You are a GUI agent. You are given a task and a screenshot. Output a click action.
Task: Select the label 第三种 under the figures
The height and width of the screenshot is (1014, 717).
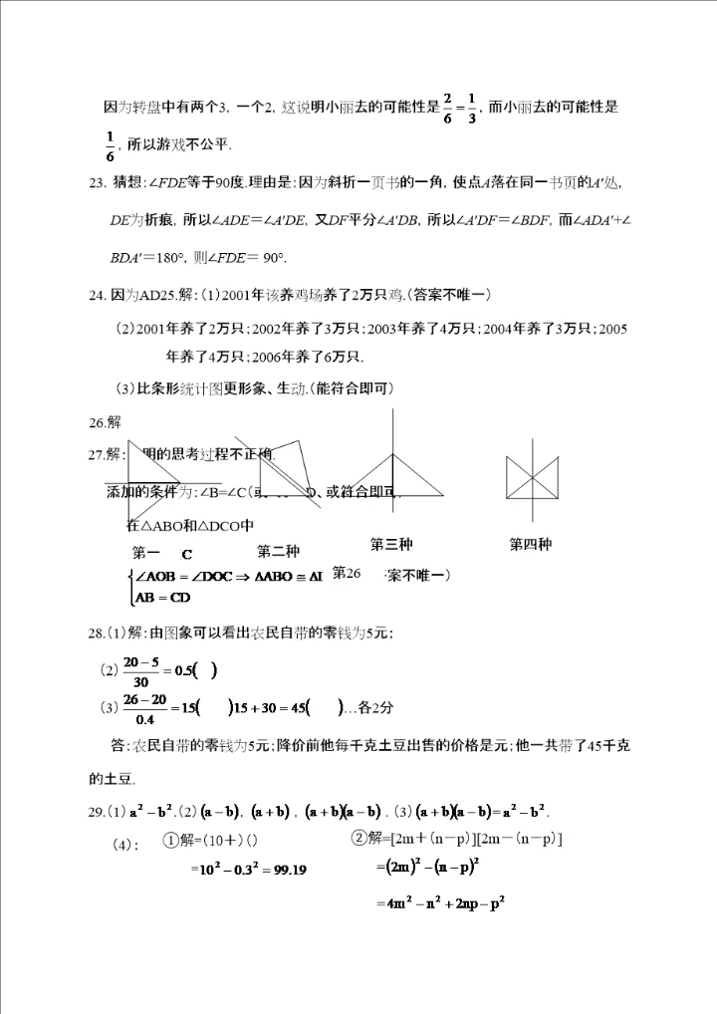point(391,544)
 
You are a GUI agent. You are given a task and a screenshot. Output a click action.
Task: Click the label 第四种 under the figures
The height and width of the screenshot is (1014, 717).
point(531,544)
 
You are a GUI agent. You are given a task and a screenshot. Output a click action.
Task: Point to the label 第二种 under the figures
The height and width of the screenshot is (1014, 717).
point(278,551)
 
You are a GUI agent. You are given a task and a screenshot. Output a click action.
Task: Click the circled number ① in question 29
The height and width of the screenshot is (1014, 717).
point(171,840)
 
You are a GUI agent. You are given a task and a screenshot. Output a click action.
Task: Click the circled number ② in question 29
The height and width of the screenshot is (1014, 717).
point(359,839)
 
